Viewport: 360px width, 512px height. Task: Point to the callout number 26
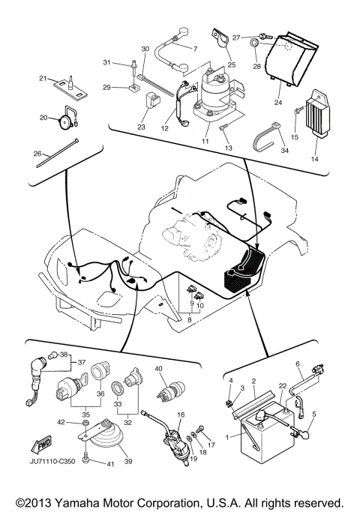37,155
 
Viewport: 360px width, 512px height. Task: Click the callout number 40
159,369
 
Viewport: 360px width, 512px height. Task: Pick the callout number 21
43,79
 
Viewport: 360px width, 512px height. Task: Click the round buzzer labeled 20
67,117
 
